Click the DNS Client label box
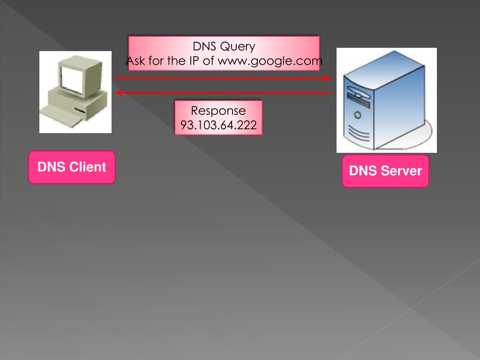(x=72, y=167)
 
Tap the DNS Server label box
(x=385, y=171)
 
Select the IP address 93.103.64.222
(x=218, y=125)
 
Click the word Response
(x=218, y=111)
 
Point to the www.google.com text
(x=270, y=61)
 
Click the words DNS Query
(x=224, y=46)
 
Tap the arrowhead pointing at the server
(x=327, y=78)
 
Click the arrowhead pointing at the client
(x=119, y=93)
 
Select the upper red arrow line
(x=220, y=78)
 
